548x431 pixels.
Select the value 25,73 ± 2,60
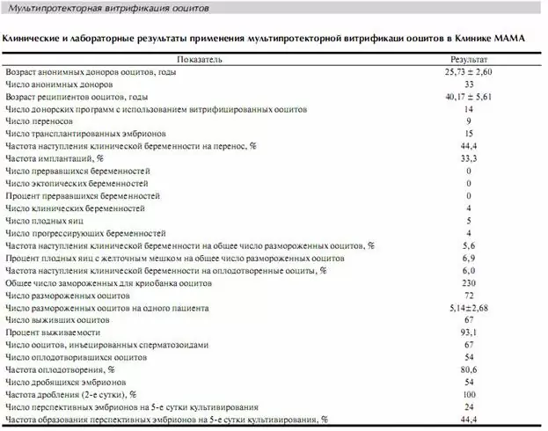coord(468,70)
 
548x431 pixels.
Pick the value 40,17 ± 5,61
coord(468,95)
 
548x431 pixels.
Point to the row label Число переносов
coord(40,121)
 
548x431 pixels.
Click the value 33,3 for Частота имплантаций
coord(468,157)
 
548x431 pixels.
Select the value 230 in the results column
coord(468,283)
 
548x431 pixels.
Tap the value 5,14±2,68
coord(468,309)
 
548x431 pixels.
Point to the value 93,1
coord(468,333)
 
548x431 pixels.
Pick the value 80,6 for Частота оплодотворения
coord(468,371)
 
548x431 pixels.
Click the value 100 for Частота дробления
coord(468,396)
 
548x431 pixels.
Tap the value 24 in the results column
coord(468,408)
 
